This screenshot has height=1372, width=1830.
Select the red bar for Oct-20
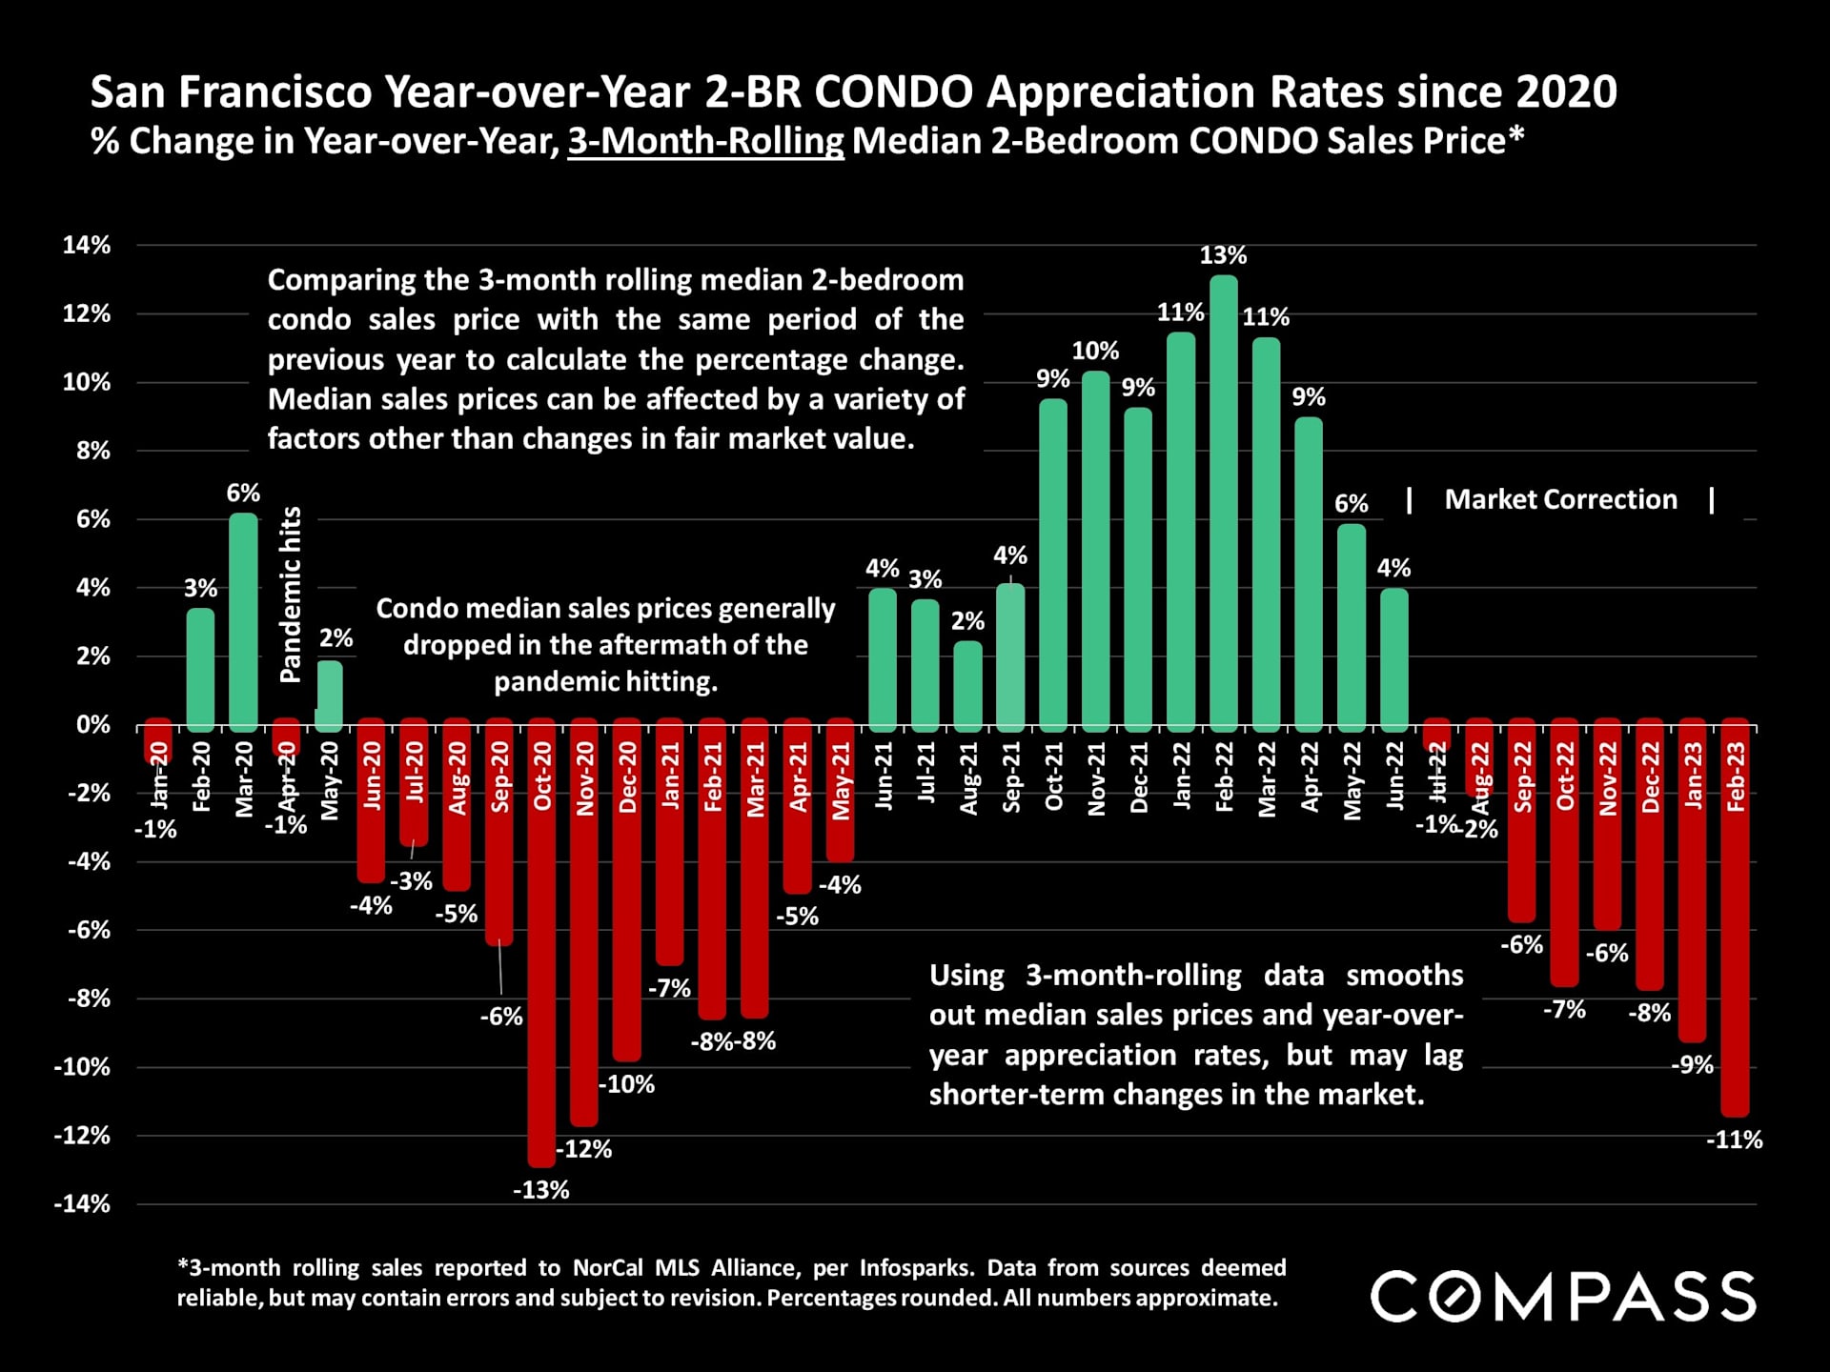541,943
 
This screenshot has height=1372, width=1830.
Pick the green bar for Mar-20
243,619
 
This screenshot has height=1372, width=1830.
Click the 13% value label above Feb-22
1223,255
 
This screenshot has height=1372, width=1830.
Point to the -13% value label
541,1190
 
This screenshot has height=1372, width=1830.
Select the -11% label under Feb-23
1734,1140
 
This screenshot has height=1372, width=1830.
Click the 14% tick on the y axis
87,245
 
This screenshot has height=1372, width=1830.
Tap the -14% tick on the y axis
82,1203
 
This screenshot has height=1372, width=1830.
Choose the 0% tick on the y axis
93,725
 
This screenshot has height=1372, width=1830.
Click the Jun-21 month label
884,777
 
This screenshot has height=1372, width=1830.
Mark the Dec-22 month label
1651,777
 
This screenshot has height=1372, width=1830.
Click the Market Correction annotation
1560,499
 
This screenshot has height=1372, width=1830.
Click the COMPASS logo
1563,1297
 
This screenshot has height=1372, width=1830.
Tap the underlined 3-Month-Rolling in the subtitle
705,141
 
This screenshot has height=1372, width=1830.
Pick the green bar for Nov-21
1096,548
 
